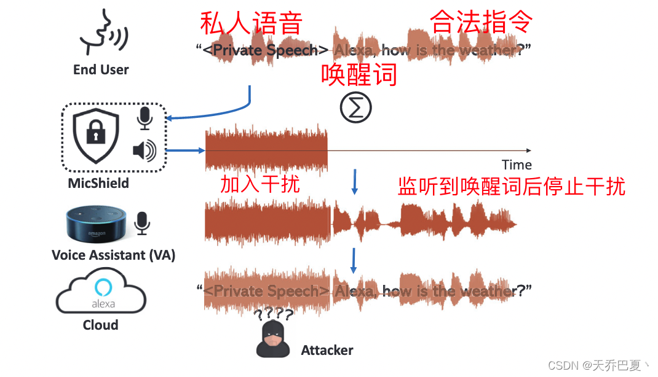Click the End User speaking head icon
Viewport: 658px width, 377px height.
click(102, 32)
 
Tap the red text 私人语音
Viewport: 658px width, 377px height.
click(252, 23)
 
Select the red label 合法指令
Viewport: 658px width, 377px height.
click(481, 21)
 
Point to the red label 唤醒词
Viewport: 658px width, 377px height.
click(359, 75)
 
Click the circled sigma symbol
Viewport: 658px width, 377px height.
click(356, 108)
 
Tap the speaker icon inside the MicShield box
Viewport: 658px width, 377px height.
click(145, 150)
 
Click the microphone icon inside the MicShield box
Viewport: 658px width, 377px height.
click(145, 119)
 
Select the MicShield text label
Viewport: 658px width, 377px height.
click(99, 183)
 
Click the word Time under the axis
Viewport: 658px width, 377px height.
click(517, 165)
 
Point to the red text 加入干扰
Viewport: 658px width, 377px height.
click(260, 184)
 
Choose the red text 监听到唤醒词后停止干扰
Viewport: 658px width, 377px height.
click(511, 186)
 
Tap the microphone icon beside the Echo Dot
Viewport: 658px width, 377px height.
click(142, 223)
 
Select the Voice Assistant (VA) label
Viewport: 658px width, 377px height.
click(114, 255)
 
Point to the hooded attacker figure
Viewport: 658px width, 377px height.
click(273, 339)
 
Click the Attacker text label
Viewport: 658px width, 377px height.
click(327, 351)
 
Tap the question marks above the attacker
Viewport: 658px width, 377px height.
click(274, 315)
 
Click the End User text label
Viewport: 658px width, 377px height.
click(101, 69)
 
